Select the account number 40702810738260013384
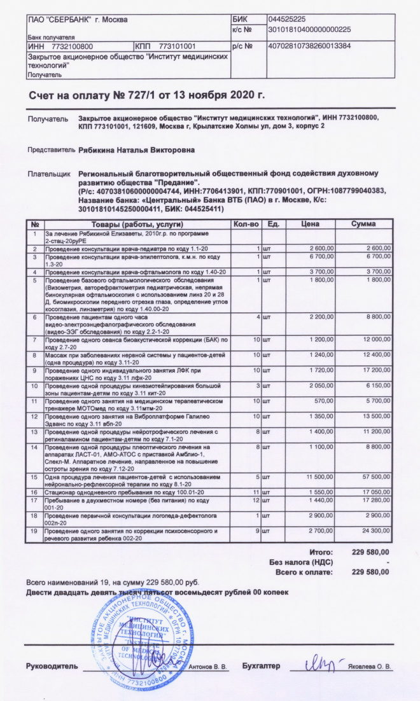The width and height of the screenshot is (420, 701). [x=309, y=46]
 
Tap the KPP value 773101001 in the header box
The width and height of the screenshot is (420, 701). [x=177, y=46]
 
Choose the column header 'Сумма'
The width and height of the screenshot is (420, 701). [x=363, y=225]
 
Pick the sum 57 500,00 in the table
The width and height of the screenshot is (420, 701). [x=373, y=476]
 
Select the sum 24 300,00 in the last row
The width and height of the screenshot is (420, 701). [x=373, y=530]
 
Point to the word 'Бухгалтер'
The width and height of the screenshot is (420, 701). [x=261, y=666]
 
